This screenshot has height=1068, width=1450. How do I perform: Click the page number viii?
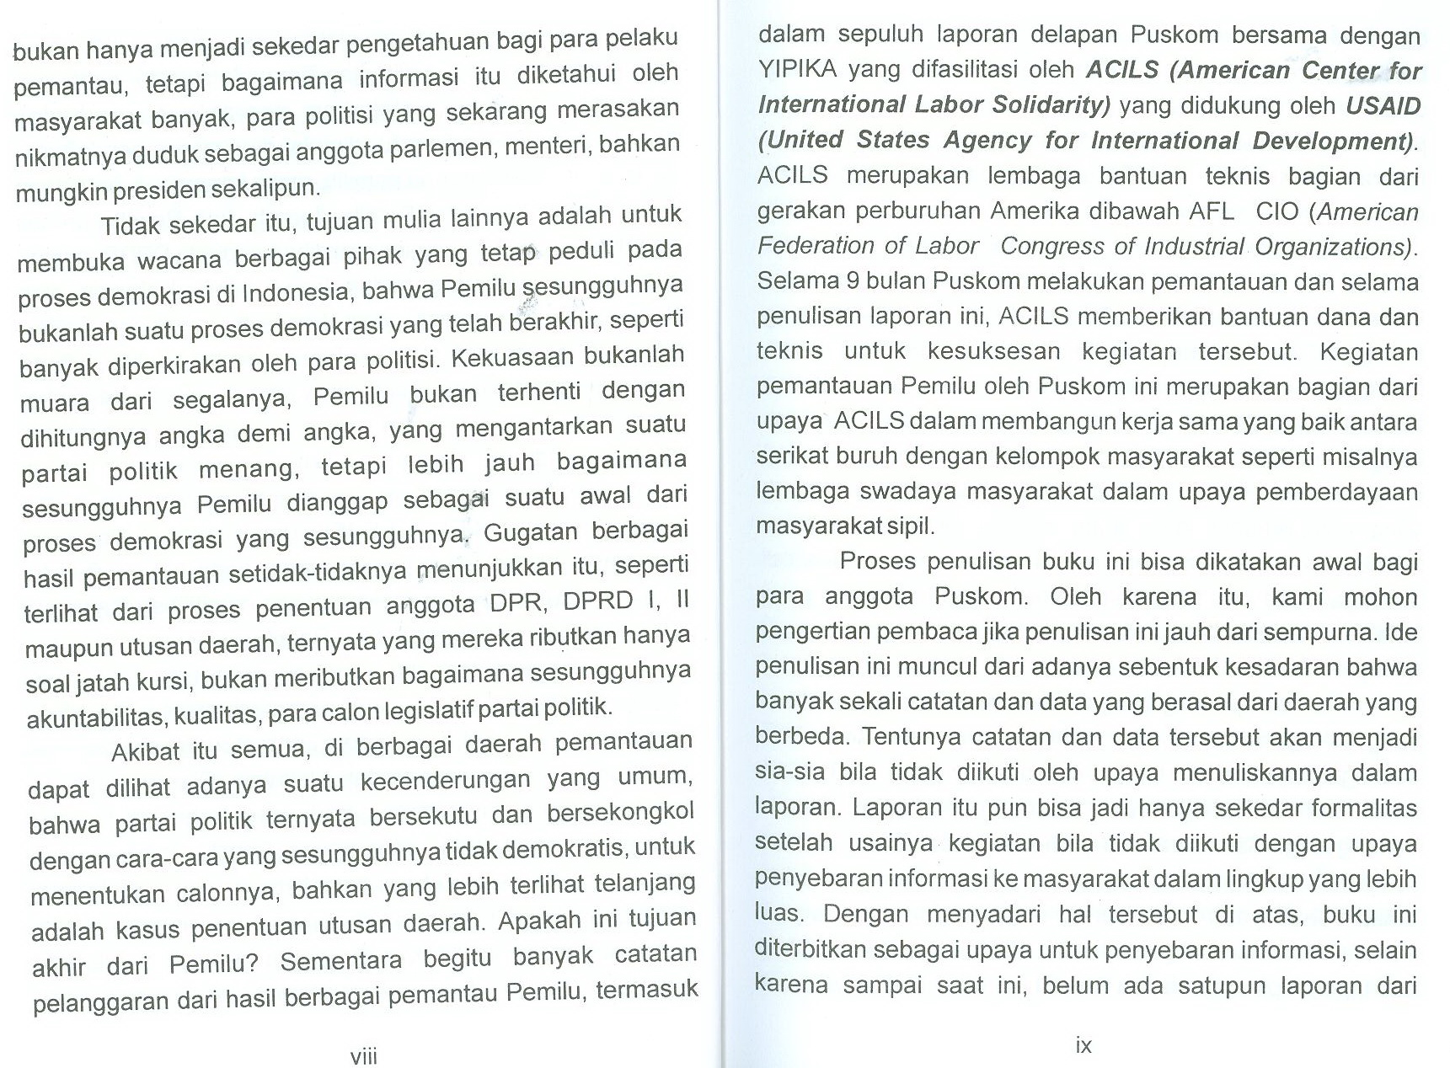point(364,1056)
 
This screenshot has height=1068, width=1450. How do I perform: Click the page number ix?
point(1083,1045)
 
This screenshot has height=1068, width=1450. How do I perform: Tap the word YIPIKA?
point(797,70)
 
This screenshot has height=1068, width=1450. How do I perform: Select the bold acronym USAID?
point(1383,106)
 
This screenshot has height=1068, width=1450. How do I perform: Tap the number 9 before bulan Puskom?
point(853,281)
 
